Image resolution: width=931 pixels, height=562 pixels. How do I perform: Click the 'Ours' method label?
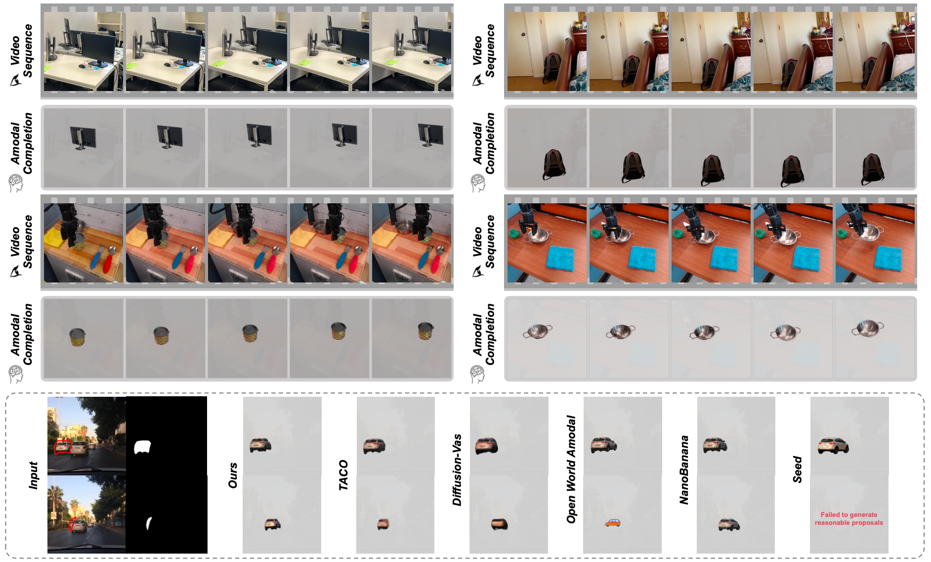pyautogui.click(x=233, y=475)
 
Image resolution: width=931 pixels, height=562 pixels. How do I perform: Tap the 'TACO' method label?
pyautogui.click(x=343, y=475)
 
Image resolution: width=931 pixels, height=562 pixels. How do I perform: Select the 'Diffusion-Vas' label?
pyautogui.click(x=457, y=470)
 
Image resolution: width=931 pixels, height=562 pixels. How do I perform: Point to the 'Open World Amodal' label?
pyautogui.click(x=571, y=469)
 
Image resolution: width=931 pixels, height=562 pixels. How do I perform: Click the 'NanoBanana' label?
pyautogui.click(x=684, y=470)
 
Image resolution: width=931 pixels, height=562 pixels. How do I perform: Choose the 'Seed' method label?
pyautogui.click(x=797, y=469)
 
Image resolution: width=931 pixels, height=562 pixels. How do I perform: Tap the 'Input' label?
pyautogui.click(x=33, y=475)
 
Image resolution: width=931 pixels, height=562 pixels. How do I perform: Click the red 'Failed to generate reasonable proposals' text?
pyautogui.click(x=848, y=518)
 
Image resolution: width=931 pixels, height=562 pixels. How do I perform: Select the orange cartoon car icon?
pyautogui.click(x=613, y=523)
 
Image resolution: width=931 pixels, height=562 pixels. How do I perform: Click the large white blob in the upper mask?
pyautogui.click(x=142, y=447)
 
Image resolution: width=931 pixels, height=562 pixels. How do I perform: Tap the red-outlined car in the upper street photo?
pyautogui.click(x=63, y=448)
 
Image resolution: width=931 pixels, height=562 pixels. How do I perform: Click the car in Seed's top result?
pyautogui.click(x=833, y=446)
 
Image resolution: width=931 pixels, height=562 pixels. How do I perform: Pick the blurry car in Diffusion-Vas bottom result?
pyautogui.click(x=500, y=523)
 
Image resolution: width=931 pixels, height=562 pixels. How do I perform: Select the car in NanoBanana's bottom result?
pyautogui.click(x=729, y=524)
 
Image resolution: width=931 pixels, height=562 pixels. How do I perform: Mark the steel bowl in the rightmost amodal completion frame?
pyautogui.click(x=867, y=328)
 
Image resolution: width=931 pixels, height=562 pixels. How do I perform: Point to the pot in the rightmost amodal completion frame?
pyautogui.click(x=425, y=330)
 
